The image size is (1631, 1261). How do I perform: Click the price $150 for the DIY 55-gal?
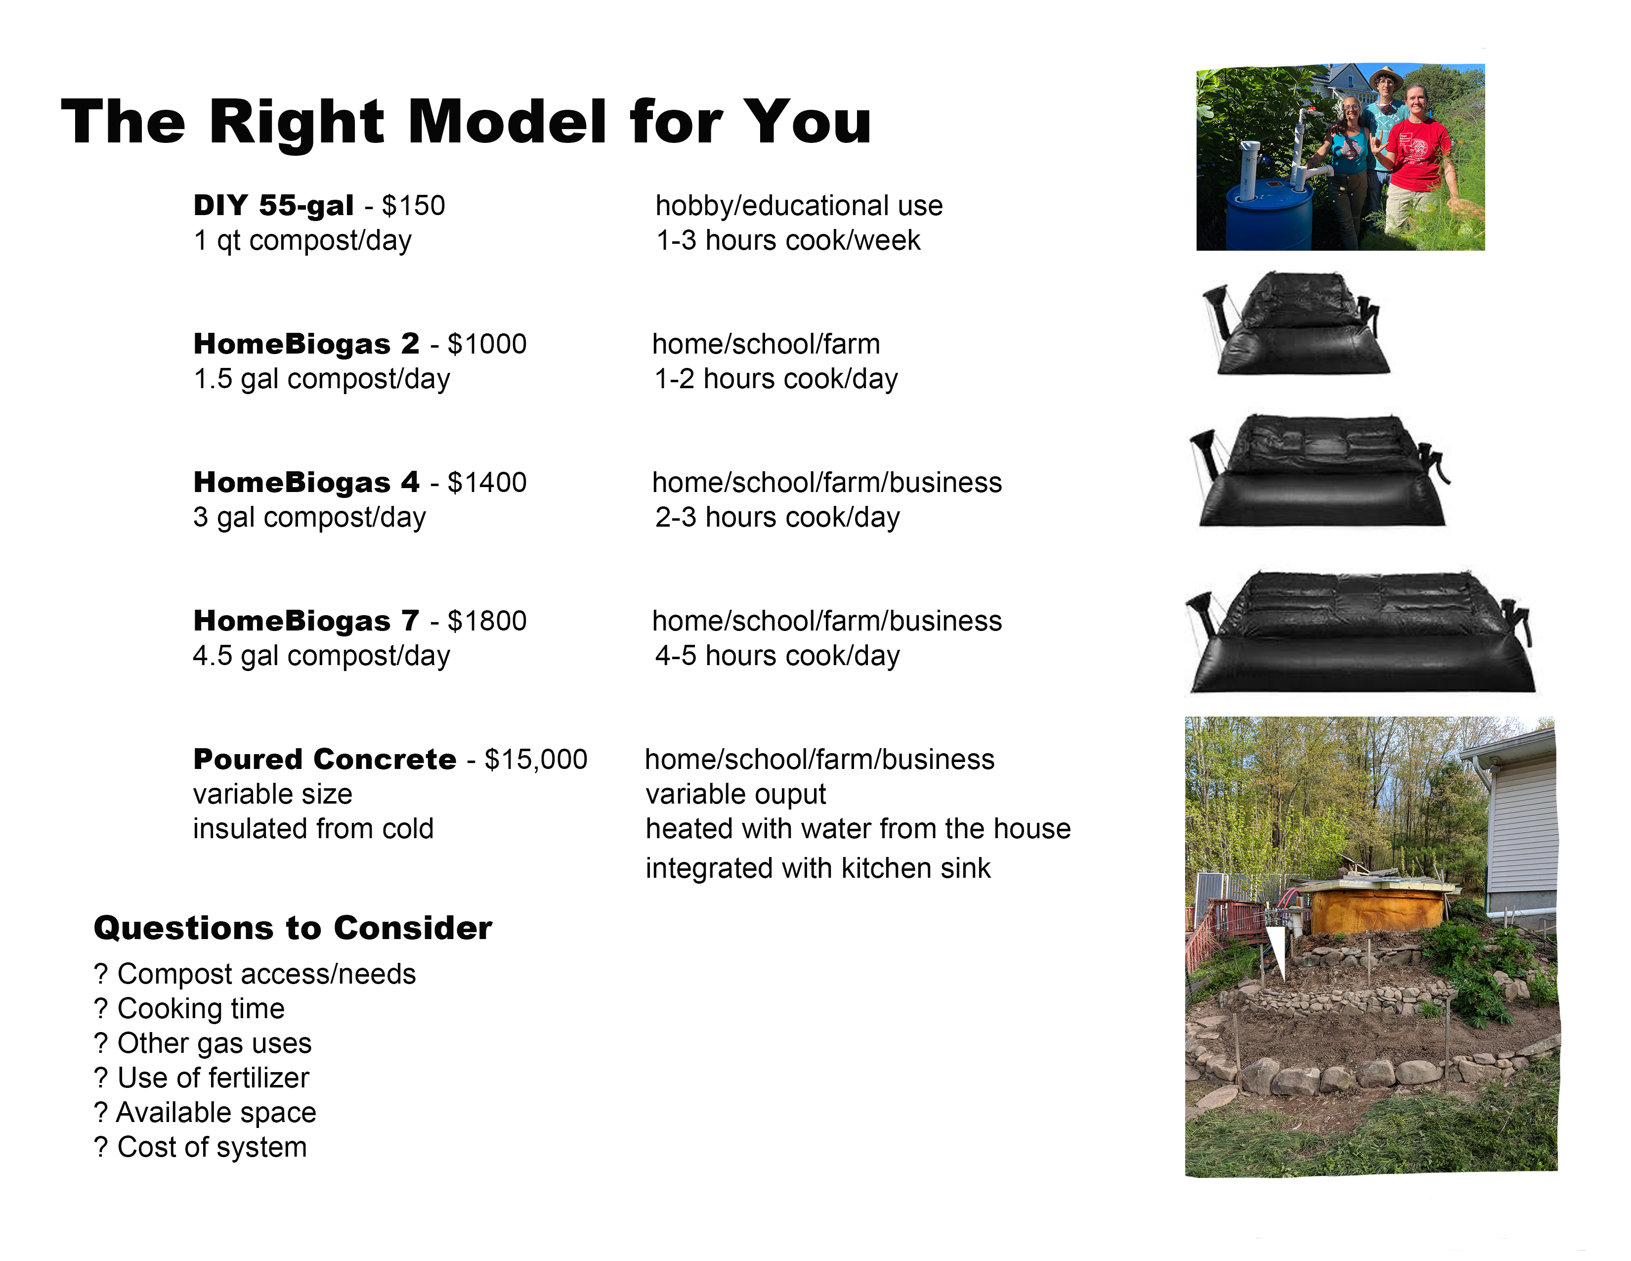pyautogui.click(x=413, y=205)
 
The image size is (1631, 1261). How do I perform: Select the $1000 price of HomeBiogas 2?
pyautogui.click(x=487, y=344)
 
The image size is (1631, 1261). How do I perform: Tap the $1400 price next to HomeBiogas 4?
pyautogui.click(x=487, y=482)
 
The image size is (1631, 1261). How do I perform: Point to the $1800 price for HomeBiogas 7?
pyautogui.click(x=487, y=621)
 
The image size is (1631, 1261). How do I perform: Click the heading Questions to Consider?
pyautogui.click(x=293, y=928)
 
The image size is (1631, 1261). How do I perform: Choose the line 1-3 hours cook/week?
pyautogui.click(x=788, y=240)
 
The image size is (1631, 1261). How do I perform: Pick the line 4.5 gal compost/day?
pyautogui.click(x=321, y=656)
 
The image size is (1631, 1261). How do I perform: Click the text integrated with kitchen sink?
pyautogui.click(x=818, y=868)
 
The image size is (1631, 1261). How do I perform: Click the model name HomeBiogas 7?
pyautogui.click(x=306, y=621)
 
